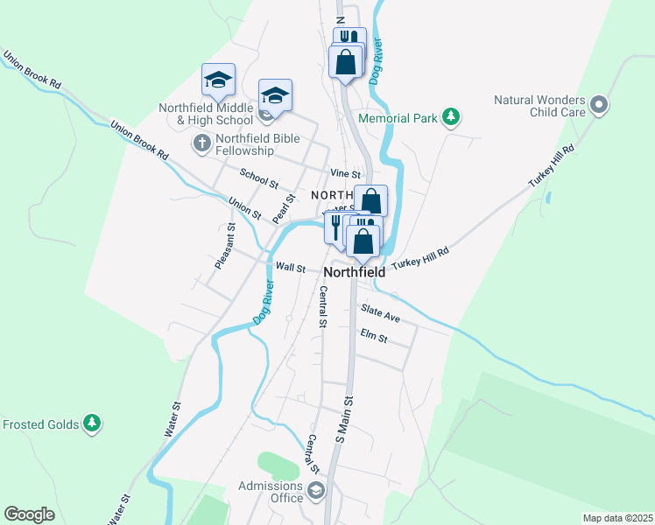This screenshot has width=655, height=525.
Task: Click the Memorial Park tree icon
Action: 451,116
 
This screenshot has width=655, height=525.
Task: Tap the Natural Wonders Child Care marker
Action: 599,106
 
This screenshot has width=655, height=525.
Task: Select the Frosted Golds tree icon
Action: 91,424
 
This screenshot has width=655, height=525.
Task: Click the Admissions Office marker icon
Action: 315,491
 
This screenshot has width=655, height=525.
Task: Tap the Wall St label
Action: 290,267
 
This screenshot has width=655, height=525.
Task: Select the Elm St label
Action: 373,336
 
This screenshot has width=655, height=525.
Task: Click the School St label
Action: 258,179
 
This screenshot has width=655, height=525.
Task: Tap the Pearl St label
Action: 282,209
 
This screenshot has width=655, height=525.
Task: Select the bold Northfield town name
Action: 355,273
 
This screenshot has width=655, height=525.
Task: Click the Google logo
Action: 30,514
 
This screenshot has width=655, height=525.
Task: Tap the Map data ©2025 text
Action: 616,518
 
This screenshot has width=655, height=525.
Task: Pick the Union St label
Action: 244,208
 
